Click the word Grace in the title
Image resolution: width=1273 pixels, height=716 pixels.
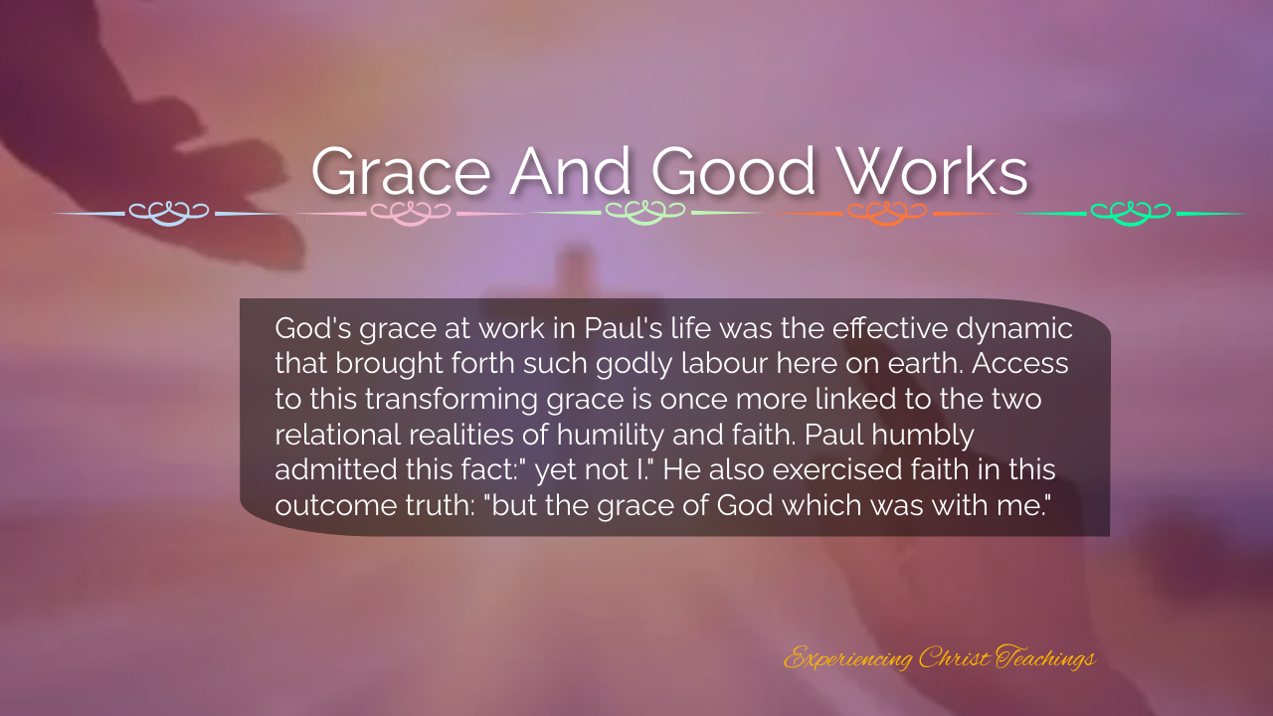tap(401, 170)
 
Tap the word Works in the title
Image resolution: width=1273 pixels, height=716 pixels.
tap(934, 170)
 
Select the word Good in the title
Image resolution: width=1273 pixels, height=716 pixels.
tap(733, 170)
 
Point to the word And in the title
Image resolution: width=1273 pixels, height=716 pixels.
tap(570, 170)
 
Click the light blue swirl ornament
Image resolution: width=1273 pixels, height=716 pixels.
tap(169, 213)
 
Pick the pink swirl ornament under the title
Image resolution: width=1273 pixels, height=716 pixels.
tap(411, 213)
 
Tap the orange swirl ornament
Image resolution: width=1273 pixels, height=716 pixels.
tap(887, 213)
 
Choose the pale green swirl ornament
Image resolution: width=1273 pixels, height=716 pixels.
tap(645, 213)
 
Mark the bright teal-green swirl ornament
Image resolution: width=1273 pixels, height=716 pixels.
tap(1131, 213)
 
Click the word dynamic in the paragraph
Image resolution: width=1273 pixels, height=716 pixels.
tap(1014, 329)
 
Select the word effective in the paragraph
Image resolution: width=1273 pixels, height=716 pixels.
tap(890, 328)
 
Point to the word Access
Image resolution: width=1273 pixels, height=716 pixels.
tap(1020, 364)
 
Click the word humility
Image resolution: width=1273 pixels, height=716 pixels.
tap(611, 436)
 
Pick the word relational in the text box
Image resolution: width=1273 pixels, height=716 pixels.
tap(338, 436)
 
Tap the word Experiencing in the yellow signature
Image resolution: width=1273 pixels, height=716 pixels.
tap(848, 659)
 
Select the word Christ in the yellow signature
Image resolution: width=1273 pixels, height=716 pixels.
tap(954, 657)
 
